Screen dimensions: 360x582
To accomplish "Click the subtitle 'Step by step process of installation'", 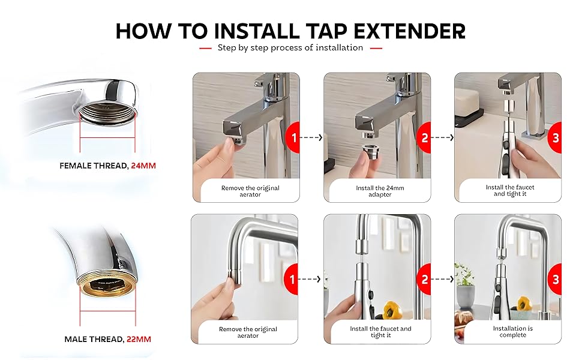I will (x=290, y=47).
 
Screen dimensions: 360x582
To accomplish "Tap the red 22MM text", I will (x=139, y=339).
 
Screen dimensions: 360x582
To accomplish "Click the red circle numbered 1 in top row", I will (x=293, y=137).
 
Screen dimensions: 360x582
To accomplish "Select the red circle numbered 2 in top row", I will (x=424, y=137).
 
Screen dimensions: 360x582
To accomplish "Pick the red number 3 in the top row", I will (x=556, y=137).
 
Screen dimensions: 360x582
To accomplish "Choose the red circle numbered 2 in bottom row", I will (x=424, y=279).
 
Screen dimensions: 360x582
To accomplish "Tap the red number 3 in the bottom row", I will (x=556, y=279).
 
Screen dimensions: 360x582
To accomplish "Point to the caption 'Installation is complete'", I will (x=512, y=332).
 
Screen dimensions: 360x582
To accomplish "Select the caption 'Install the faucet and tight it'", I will (x=510, y=190).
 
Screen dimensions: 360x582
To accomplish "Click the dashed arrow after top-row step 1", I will (x=311, y=137).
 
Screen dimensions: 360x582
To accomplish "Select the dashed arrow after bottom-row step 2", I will (x=442, y=279).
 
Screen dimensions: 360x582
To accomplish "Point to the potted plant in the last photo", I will (x=465, y=288).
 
